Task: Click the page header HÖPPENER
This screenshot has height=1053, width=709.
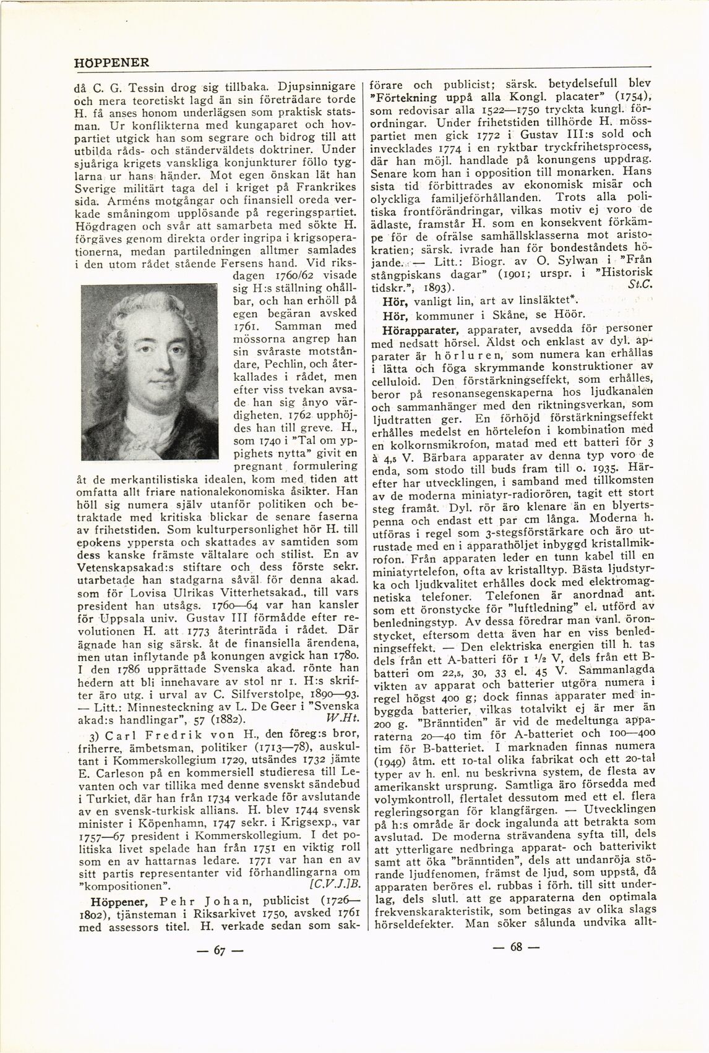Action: coord(111,63)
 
